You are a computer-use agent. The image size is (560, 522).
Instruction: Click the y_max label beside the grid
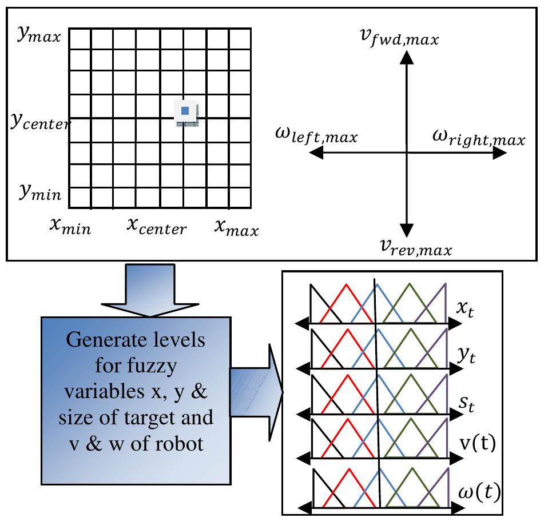pyautogui.click(x=39, y=35)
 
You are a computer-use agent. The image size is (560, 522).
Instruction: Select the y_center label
pyautogui.click(x=40, y=122)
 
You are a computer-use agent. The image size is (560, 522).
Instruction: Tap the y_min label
pyautogui.click(x=41, y=192)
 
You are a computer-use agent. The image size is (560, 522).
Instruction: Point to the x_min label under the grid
pyautogui.click(x=70, y=226)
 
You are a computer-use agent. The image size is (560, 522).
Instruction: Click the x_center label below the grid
pyautogui.click(x=157, y=226)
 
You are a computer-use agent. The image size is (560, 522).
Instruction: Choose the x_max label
pyautogui.click(x=236, y=228)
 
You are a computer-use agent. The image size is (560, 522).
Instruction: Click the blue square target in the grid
pyautogui.click(x=185, y=111)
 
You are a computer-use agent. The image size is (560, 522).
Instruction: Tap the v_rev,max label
pyautogui.click(x=416, y=247)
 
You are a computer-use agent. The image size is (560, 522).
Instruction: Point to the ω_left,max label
pyautogui.click(x=316, y=135)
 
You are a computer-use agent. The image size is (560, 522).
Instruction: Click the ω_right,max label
pyautogui.click(x=479, y=137)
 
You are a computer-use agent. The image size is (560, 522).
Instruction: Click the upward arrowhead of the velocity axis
pyautogui.click(x=407, y=58)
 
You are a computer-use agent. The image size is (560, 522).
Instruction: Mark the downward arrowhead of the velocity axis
pyautogui.click(x=407, y=230)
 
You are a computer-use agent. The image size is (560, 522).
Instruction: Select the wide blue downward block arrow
pyautogui.click(x=150, y=290)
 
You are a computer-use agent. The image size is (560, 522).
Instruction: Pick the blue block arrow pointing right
pyautogui.click(x=256, y=392)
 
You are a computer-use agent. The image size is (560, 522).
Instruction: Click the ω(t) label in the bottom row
pyautogui.click(x=479, y=492)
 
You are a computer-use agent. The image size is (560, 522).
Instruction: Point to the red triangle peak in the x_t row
pyautogui.click(x=346, y=284)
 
